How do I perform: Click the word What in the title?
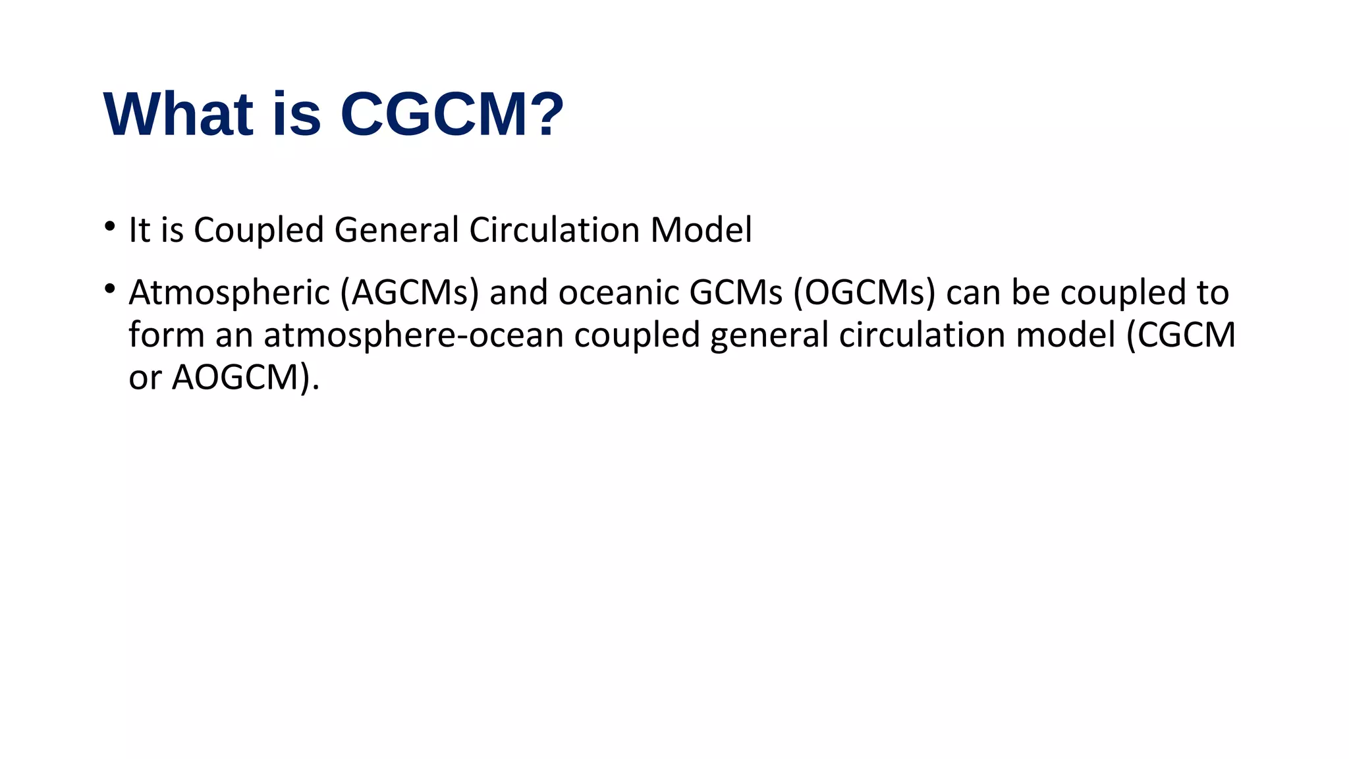click(179, 115)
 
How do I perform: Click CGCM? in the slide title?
click(452, 115)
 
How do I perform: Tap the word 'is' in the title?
click(296, 115)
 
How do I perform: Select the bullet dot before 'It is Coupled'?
click(109, 226)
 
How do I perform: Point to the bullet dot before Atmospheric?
click(109, 289)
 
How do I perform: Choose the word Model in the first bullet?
click(701, 231)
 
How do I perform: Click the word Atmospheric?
click(229, 293)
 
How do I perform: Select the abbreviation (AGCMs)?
click(409, 293)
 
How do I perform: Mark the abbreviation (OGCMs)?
click(864, 293)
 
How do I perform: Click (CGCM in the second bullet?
click(1180, 335)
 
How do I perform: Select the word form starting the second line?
click(167, 335)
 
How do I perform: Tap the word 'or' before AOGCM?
click(144, 378)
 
